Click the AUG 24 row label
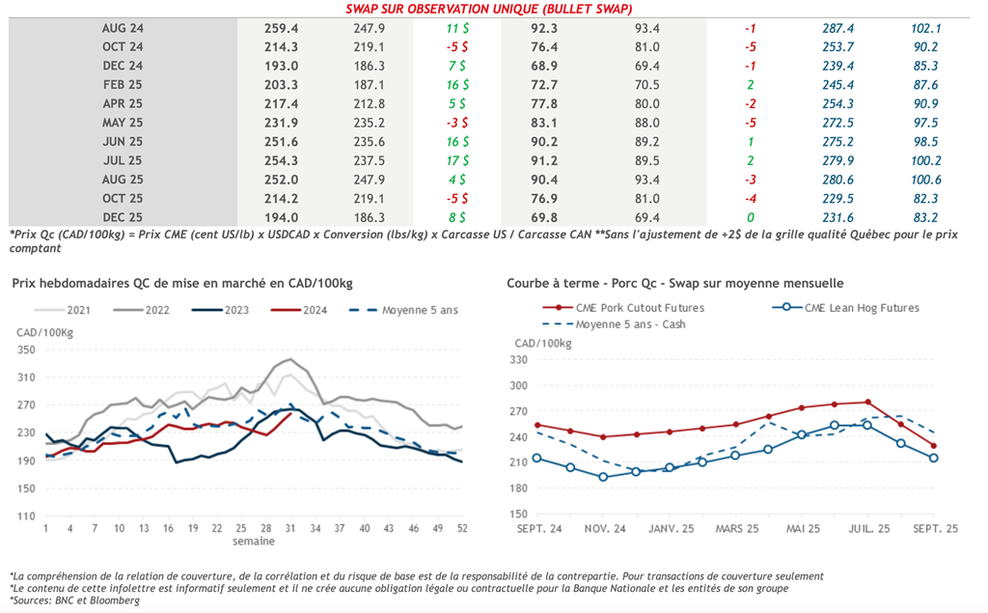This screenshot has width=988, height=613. coord(123,28)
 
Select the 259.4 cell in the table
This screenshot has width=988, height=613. coord(281,28)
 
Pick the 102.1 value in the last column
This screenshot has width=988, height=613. coord(925,28)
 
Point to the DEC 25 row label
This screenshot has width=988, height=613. coord(123,217)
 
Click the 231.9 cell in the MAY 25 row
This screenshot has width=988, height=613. coord(281,123)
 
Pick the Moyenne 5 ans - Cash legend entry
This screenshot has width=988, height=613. coord(630,324)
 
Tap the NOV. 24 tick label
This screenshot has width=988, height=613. coord(604,529)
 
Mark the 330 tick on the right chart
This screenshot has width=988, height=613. coord(519,359)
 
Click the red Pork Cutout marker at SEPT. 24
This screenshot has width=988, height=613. coord(537,425)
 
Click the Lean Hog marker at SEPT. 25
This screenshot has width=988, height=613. coord(933,458)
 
